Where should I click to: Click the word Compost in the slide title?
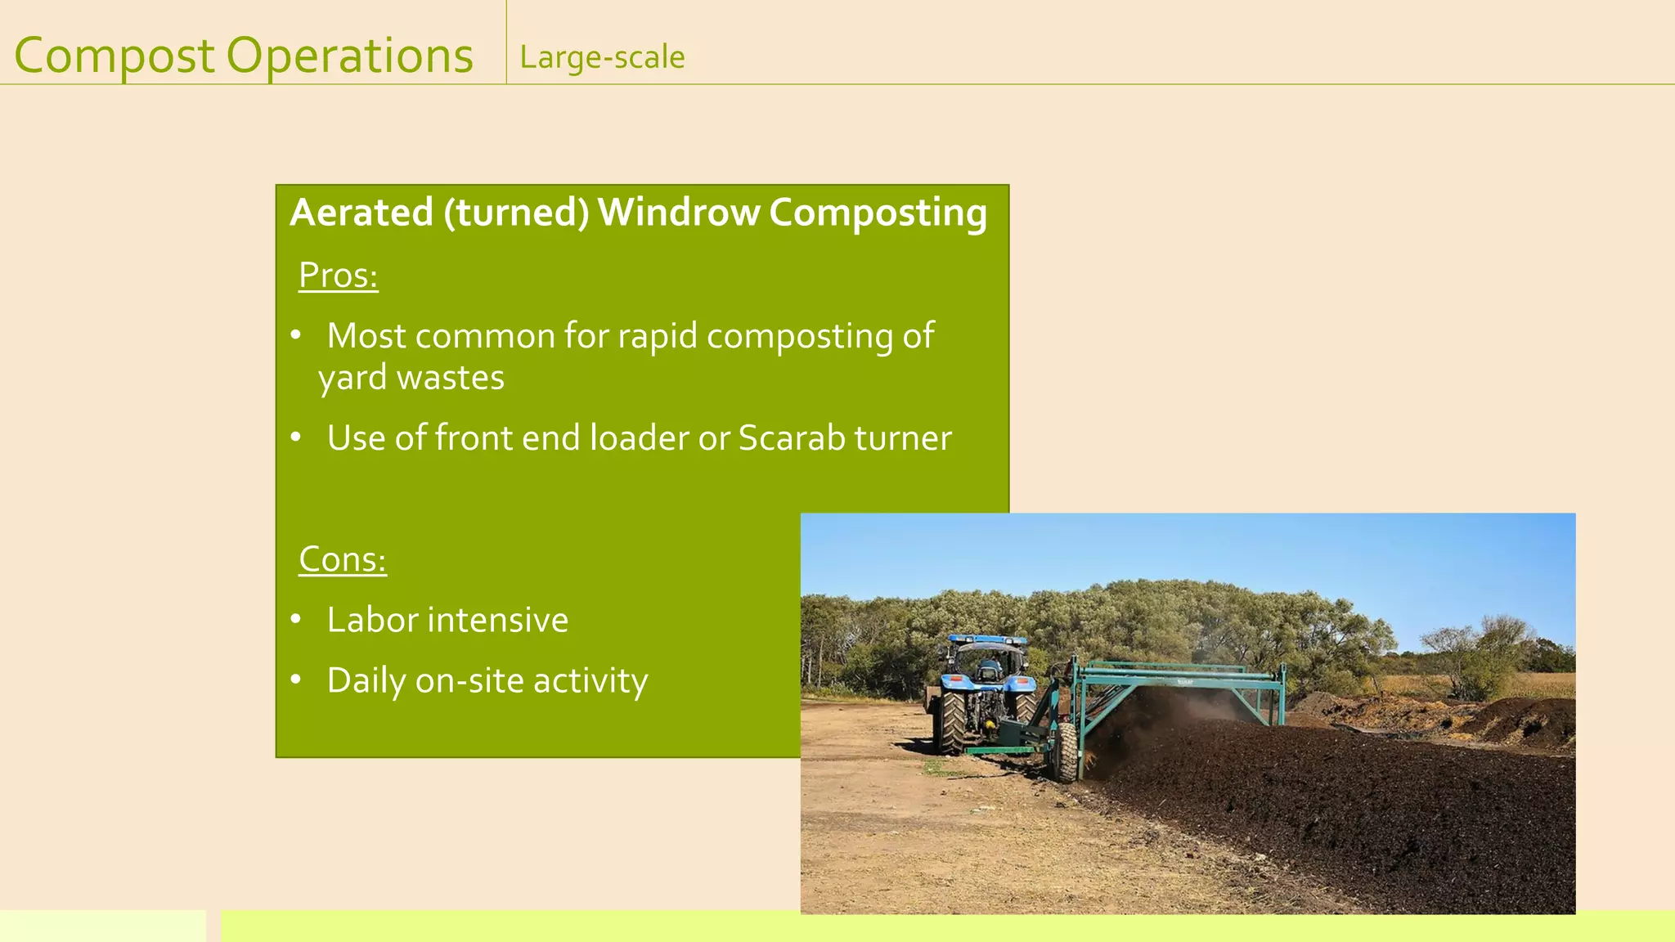click(x=115, y=56)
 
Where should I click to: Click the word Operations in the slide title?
click(x=349, y=56)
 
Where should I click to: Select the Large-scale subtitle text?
click(x=602, y=57)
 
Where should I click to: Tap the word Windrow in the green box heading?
click(x=679, y=212)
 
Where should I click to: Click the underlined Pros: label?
click(x=338, y=275)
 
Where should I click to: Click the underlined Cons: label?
click(x=342, y=559)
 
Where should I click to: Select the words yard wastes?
click(x=411, y=378)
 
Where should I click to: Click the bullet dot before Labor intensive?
click(x=296, y=619)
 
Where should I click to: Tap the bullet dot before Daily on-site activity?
click(x=296, y=680)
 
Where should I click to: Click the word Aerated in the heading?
click(x=361, y=212)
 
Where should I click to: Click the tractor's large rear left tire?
click(x=952, y=722)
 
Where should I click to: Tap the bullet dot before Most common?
click(x=296, y=334)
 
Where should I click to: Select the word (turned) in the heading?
click(x=516, y=213)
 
